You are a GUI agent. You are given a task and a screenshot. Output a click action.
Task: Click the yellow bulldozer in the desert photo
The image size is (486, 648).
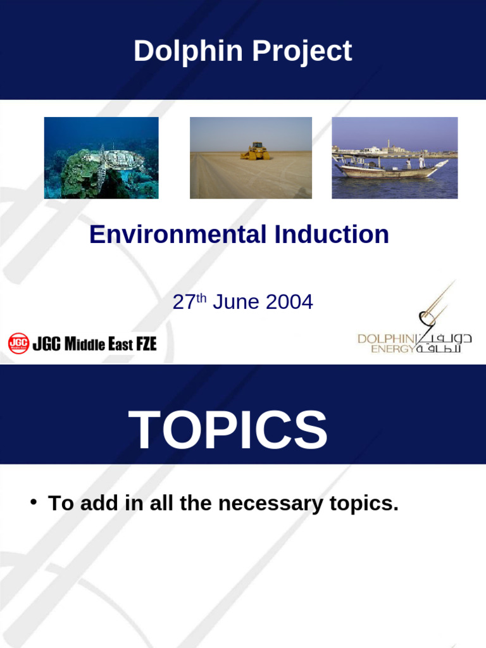255,151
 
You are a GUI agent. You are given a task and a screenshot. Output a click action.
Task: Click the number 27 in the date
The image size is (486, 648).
183,302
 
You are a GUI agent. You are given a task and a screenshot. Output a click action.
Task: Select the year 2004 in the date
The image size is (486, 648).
289,302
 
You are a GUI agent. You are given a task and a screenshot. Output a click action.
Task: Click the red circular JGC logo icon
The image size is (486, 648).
18,344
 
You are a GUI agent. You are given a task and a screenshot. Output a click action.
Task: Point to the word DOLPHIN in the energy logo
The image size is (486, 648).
385,339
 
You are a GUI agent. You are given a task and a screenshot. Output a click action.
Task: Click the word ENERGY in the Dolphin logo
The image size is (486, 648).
392,349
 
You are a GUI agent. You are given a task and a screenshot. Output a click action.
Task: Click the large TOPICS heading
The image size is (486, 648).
228,430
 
